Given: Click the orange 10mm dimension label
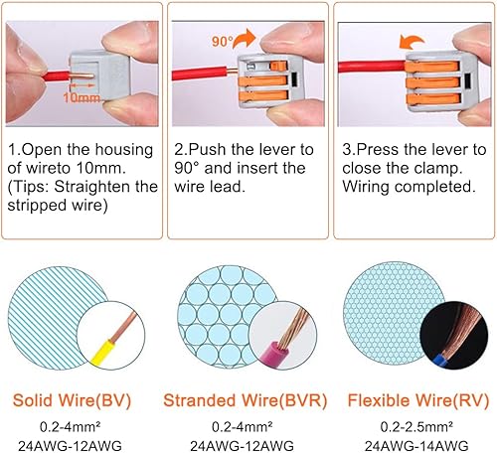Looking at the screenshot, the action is pyautogui.click(x=82, y=97).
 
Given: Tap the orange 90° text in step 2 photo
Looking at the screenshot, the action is pyautogui.click(x=223, y=42).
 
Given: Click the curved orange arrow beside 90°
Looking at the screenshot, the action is pyautogui.click(x=246, y=38).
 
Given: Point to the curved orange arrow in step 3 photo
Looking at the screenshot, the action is pyautogui.click(x=412, y=42).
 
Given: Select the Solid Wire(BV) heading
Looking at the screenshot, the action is pyautogui.click(x=72, y=400).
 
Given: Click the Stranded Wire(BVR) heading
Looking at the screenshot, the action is pyautogui.click(x=246, y=400).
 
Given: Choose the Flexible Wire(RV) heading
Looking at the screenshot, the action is pyautogui.click(x=418, y=400).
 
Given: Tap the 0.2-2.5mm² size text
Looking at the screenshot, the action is pyautogui.click(x=416, y=426).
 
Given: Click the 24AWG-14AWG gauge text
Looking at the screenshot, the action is pyautogui.click(x=416, y=446).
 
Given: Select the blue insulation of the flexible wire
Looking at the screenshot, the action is pyautogui.click(x=439, y=361).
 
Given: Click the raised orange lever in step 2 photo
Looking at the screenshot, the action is pyautogui.click(x=278, y=66).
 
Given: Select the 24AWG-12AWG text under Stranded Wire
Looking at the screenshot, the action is pyautogui.click(x=242, y=446).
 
